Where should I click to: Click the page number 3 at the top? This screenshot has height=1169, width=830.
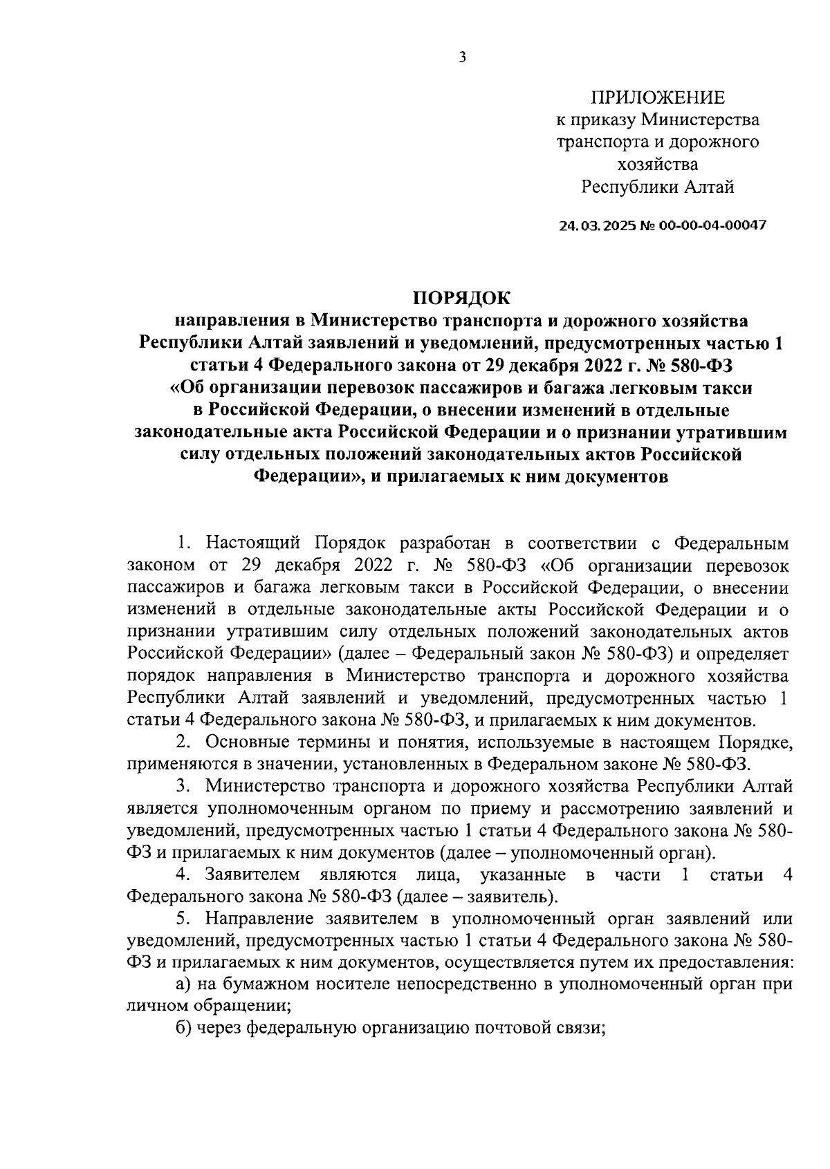(462, 58)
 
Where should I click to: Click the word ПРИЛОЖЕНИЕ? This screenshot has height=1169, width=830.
(658, 97)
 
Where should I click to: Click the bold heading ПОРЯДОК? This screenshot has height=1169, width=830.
(461, 298)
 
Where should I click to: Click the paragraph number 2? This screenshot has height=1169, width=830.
(183, 742)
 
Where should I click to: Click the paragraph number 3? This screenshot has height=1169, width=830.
(183, 787)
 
